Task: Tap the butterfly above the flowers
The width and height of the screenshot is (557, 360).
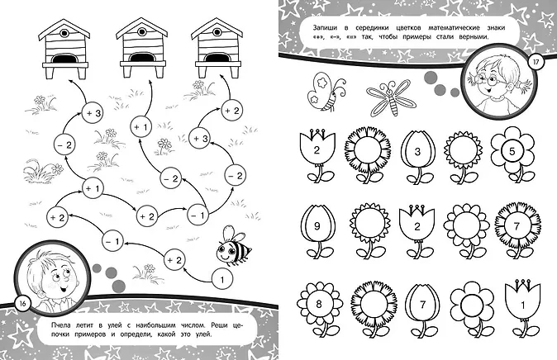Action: click(x=325, y=92)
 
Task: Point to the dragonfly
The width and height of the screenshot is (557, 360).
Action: click(x=390, y=97)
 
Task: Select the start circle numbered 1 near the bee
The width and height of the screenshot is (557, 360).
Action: click(x=222, y=280)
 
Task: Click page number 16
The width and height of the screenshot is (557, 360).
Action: click(x=23, y=304)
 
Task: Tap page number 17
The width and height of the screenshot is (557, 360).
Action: click(x=536, y=62)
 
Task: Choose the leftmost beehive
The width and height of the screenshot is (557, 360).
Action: click(x=64, y=49)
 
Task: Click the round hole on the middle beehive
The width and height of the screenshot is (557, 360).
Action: click(x=141, y=31)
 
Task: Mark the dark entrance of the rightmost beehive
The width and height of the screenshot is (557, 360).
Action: click(x=217, y=58)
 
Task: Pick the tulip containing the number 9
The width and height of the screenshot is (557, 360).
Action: click(x=317, y=231)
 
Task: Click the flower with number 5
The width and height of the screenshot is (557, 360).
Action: click(x=512, y=154)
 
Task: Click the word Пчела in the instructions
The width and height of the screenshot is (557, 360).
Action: click(x=60, y=325)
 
